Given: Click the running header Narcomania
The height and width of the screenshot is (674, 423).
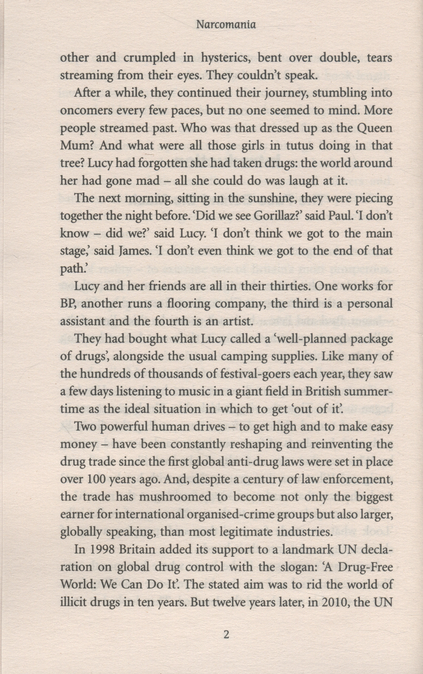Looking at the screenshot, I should tap(226, 25).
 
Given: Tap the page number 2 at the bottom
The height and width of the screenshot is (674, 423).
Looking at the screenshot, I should tap(226, 633).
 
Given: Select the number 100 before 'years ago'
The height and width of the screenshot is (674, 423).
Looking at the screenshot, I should tap(97, 480).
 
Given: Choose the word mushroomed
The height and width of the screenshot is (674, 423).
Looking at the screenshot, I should tap(175, 497).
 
